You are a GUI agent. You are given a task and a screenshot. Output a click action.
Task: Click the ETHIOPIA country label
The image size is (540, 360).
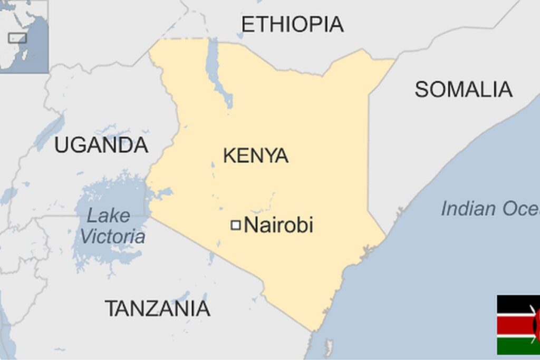click(292, 24)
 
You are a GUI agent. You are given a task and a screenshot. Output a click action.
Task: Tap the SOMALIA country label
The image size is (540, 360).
click(463, 90)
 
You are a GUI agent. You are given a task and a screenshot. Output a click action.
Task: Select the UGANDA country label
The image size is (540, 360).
click(101, 144)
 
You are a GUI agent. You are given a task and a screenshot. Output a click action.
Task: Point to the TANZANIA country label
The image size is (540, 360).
click(158, 308)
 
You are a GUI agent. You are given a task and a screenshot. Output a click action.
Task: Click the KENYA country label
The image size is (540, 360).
click(256, 155)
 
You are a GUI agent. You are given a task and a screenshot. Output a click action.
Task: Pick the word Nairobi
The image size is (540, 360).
click(279, 225)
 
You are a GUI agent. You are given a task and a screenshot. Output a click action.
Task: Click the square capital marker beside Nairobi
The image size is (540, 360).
click(236, 226)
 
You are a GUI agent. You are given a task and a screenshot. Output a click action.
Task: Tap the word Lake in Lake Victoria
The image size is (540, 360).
click(108, 215)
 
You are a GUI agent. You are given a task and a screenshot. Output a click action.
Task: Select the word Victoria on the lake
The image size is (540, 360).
click(112, 236)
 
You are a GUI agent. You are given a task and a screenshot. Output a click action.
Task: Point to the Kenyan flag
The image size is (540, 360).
click(518, 325)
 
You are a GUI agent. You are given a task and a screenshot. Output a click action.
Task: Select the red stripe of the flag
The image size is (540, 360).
click(514, 325)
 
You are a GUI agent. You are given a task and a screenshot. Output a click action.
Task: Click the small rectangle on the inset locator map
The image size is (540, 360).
click(17, 38)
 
